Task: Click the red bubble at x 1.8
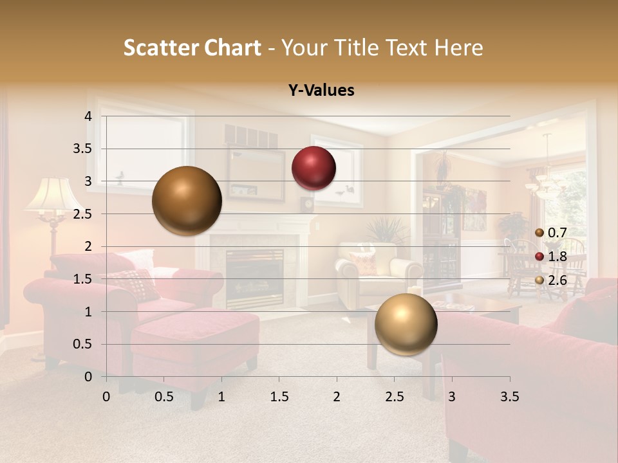[x=314, y=168]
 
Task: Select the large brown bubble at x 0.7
[x=187, y=201]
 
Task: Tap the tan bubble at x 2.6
[x=406, y=324]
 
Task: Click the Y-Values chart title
[x=321, y=91]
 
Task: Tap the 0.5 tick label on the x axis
[x=164, y=397]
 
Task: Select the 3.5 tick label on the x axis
[x=509, y=397]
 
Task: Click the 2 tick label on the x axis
[x=337, y=397]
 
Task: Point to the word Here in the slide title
[x=458, y=48]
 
